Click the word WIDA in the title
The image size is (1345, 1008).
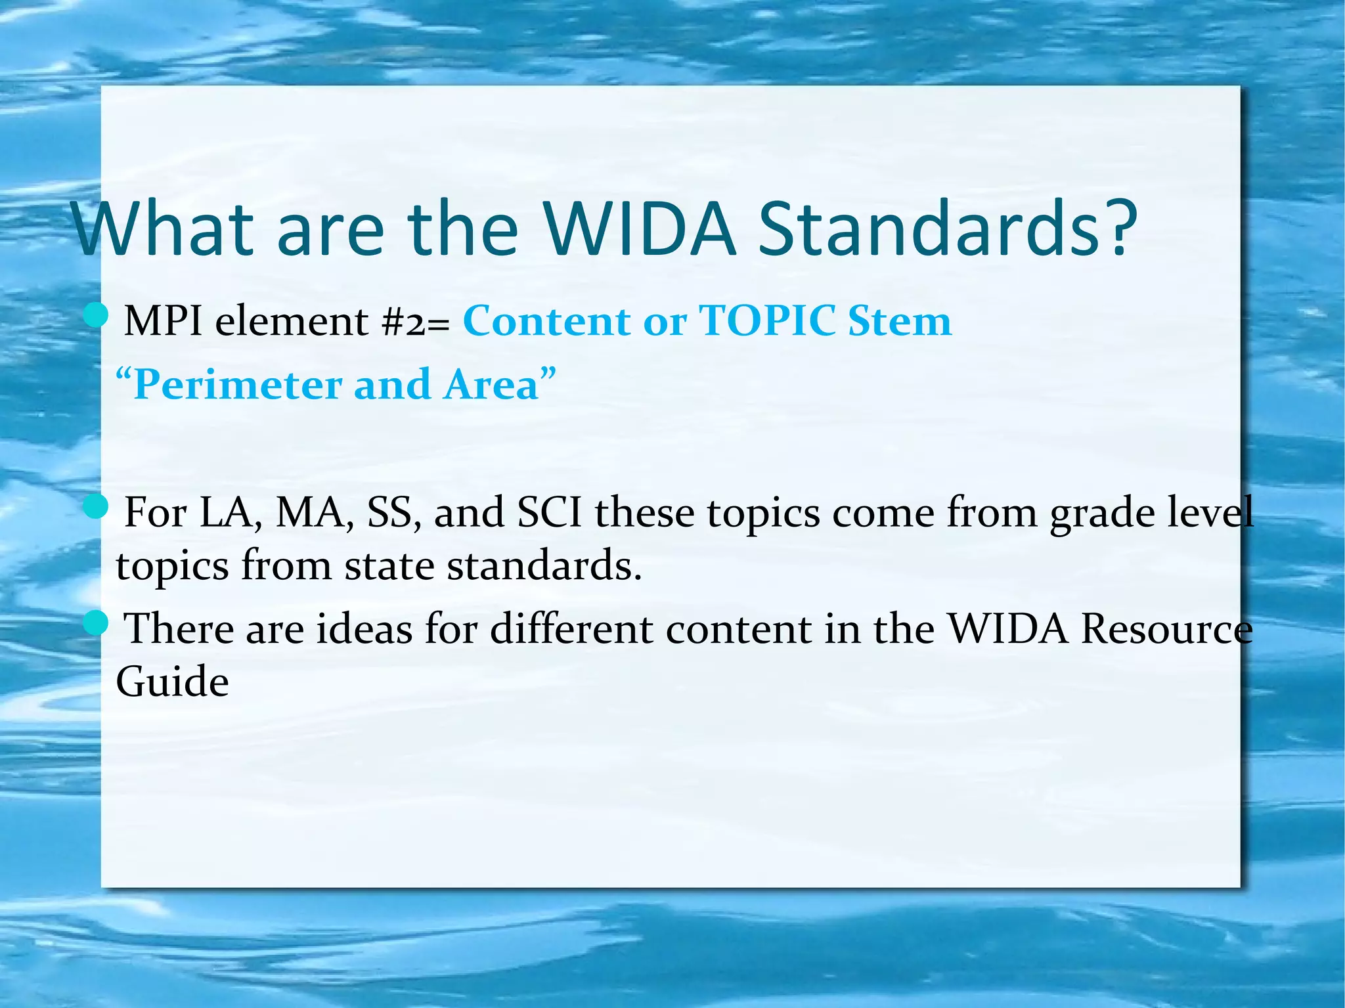pos(638,229)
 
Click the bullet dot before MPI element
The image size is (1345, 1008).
pos(96,315)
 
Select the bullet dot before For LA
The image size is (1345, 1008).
pos(96,506)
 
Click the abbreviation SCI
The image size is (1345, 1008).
pos(549,512)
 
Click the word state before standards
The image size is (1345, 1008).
pos(389,565)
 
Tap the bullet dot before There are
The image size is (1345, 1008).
pos(96,623)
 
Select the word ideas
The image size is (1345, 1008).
pos(364,628)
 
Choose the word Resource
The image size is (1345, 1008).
pos(1166,628)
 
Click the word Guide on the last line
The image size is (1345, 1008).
pos(172,681)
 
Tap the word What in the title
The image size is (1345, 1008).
pos(164,229)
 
